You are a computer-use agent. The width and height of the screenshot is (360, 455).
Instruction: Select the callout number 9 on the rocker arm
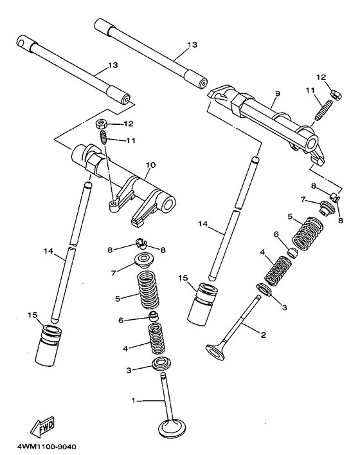click(x=276, y=94)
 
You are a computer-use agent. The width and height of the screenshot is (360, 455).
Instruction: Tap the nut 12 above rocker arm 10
click(x=102, y=123)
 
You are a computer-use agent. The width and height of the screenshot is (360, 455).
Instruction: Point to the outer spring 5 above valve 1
click(x=149, y=290)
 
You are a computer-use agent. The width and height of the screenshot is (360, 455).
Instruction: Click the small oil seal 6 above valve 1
click(x=153, y=318)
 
